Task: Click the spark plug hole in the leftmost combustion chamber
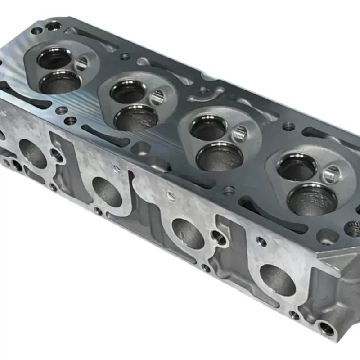[x=82, y=63]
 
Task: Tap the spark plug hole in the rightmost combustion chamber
[x=332, y=174]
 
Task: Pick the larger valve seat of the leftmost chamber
[x=60, y=83]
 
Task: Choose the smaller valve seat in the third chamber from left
[x=208, y=128]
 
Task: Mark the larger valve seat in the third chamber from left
[x=220, y=157]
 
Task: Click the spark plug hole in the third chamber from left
[x=240, y=134]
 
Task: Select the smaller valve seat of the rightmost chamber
[x=297, y=167]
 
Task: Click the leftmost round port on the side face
[x=32, y=153]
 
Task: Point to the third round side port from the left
[x=188, y=233]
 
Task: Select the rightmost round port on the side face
[x=278, y=279]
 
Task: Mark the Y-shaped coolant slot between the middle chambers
[x=205, y=94]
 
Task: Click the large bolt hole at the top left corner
[x=54, y=26]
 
